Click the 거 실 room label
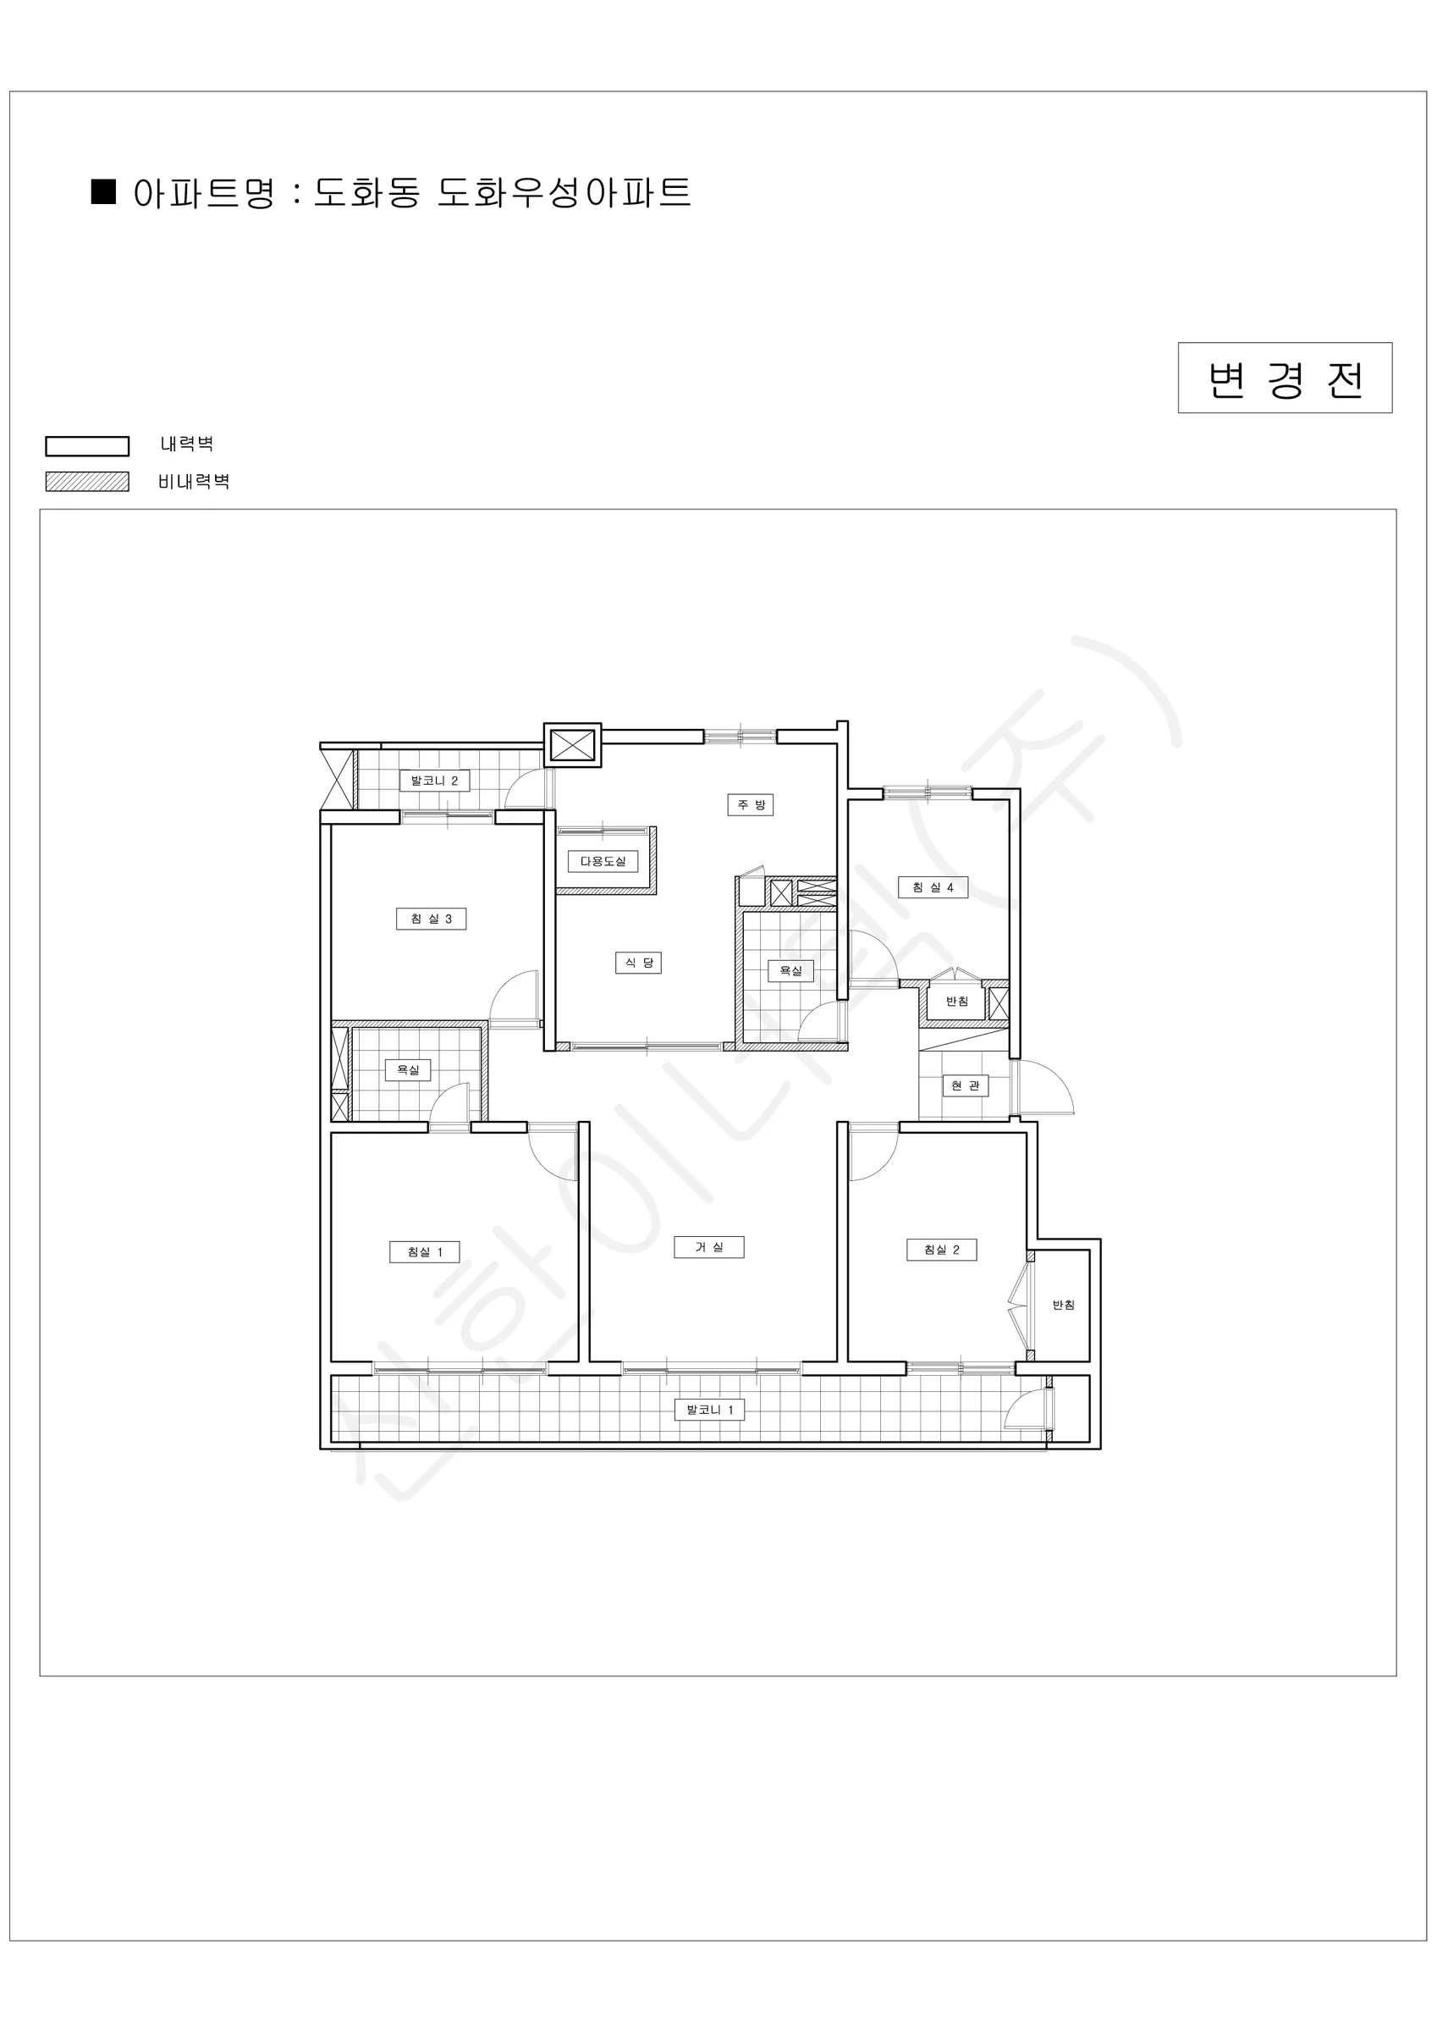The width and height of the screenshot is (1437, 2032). [x=707, y=1247]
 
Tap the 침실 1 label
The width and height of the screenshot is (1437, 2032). [x=425, y=1252]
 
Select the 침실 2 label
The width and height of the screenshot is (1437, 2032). [x=941, y=1250]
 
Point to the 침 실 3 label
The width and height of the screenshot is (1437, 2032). [x=431, y=919]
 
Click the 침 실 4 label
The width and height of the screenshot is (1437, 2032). [x=933, y=886]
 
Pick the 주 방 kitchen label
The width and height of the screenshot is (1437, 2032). [x=751, y=804]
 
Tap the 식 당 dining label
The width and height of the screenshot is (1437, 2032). [x=638, y=963]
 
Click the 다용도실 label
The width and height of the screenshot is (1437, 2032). [x=603, y=861]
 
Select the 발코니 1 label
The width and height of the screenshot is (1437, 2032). [x=710, y=1410]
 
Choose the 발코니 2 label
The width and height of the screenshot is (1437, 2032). [x=433, y=781]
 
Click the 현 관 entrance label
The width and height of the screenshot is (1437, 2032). [x=966, y=1086]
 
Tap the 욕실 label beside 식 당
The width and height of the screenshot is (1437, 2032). [x=790, y=971]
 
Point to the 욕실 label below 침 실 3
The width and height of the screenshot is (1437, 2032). [x=408, y=1070]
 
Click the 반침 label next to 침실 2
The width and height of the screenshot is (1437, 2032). [x=1064, y=1306]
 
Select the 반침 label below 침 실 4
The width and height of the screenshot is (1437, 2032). [x=957, y=1002]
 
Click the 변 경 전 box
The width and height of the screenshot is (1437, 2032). [x=1285, y=378]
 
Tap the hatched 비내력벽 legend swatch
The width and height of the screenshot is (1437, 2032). [x=86, y=482]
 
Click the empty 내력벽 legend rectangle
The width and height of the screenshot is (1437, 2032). [x=86, y=445]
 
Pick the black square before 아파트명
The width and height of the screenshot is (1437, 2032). [x=103, y=192]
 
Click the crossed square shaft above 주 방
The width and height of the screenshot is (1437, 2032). [x=572, y=744]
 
